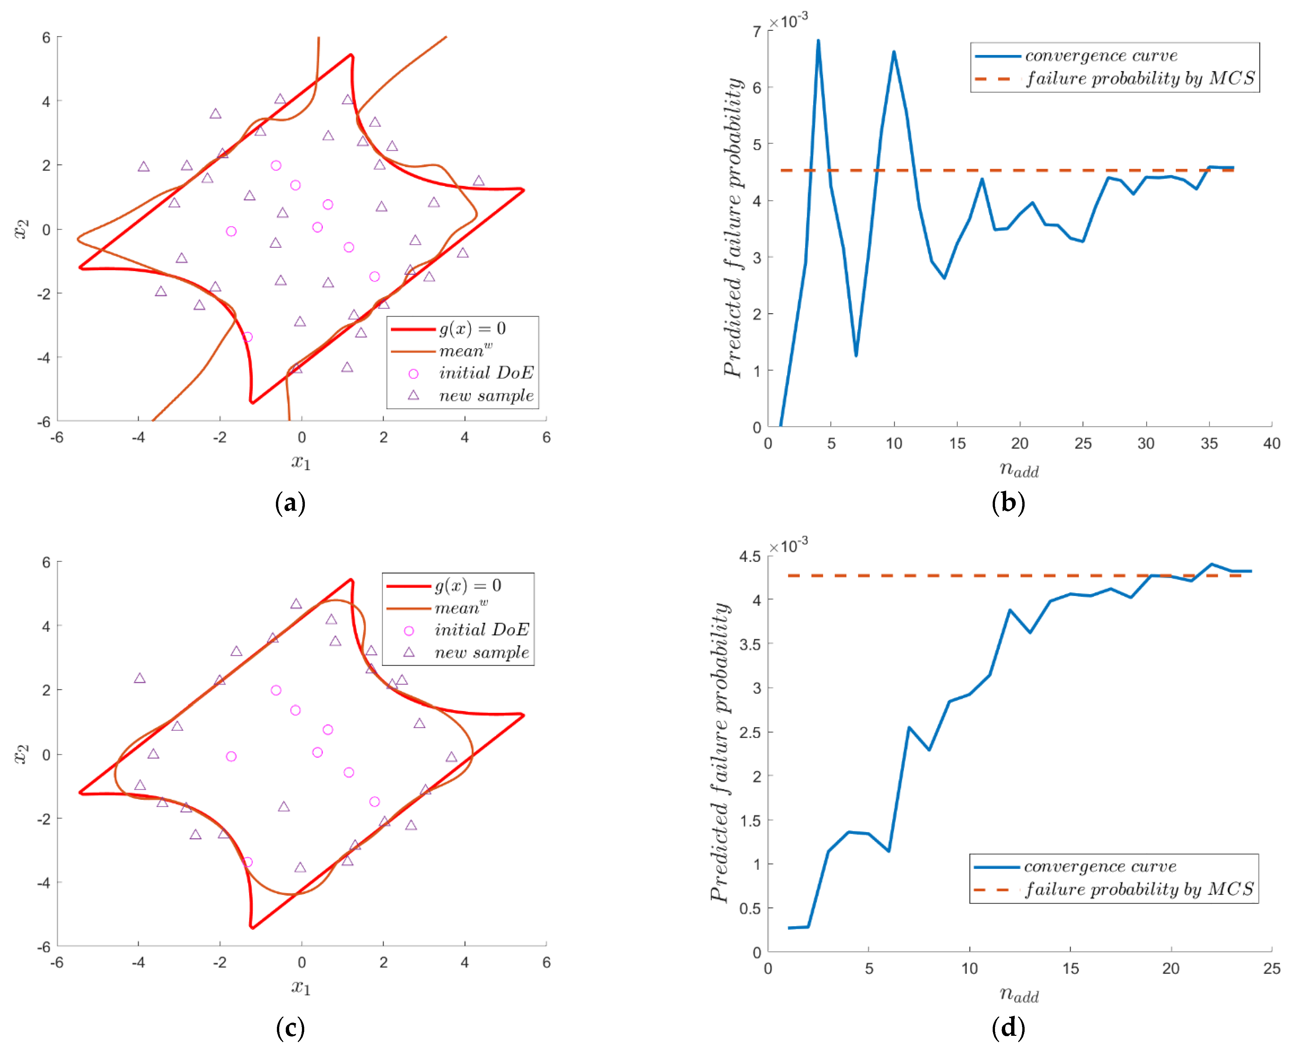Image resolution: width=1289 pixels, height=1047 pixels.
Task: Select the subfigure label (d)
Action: [x=1008, y=1027]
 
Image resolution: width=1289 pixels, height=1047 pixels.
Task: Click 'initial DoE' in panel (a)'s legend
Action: [x=486, y=373]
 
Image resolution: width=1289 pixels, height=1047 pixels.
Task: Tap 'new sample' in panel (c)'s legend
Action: [x=482, y=652]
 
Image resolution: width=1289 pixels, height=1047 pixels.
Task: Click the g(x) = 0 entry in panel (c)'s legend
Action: [x=468, y=585]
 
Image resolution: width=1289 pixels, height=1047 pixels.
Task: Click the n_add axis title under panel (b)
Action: [x=1019, y=469]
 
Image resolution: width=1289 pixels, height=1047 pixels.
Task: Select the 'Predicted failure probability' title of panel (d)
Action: [x=720, y=754]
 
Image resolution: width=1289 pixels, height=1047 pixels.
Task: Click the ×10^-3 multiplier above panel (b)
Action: [x=788, y=21]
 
